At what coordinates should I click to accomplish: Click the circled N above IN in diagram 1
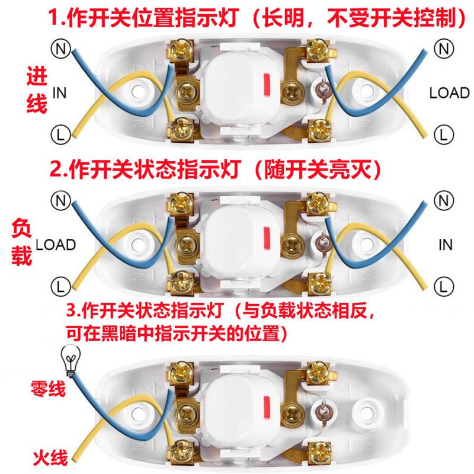coord(60,48)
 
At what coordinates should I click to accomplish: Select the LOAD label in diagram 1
coord(449,93)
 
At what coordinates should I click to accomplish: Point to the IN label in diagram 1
coord(60,92)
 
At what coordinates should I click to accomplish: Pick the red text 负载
coord(21,243)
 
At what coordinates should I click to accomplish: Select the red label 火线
coord(50,457)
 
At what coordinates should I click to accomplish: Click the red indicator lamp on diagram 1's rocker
coord(267,85)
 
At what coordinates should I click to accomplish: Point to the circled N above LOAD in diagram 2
coord(60,200)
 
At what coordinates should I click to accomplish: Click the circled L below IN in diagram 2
coord(441,287)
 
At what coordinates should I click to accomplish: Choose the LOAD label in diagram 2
coord(56,244)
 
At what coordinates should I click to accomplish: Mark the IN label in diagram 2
coord(446,244)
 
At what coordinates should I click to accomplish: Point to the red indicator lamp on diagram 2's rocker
coord(267,236)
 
